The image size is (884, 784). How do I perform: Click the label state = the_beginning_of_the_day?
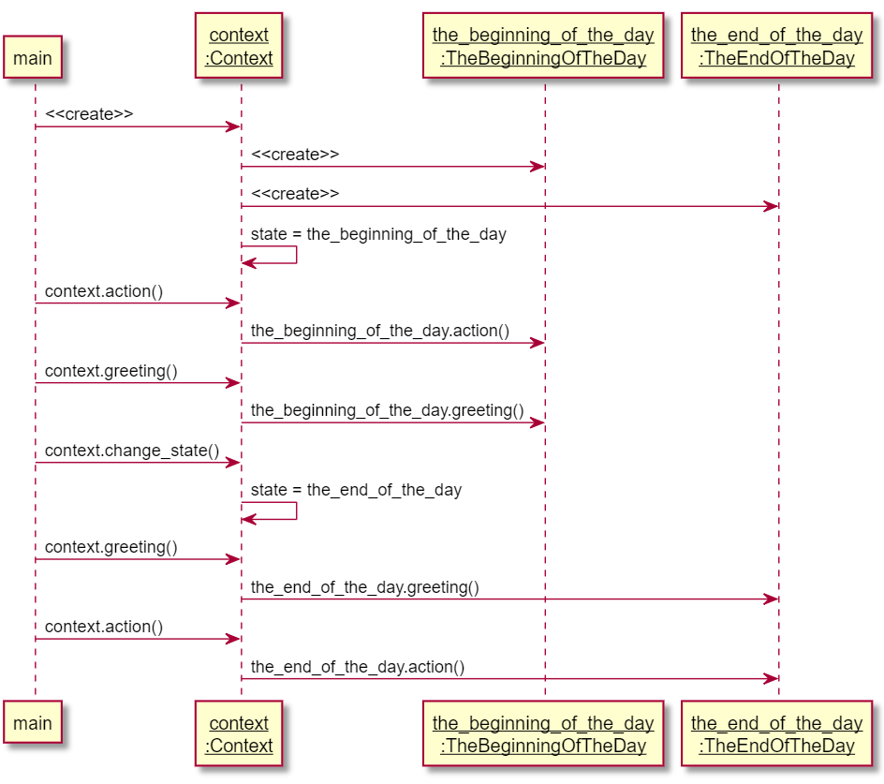point(378,234)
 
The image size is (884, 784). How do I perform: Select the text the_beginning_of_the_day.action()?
point(380,331)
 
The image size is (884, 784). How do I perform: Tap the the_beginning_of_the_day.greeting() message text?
point(388,410)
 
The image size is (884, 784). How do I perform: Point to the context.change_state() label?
point(132,451)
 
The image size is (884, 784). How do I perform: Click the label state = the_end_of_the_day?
point(356,490)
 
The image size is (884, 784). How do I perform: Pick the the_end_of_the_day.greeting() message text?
point(365,587)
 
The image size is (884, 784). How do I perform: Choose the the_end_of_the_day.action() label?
point(358,667)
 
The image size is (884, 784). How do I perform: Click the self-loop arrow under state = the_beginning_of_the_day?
point(297,255)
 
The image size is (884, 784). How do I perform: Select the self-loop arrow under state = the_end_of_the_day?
point(297,510)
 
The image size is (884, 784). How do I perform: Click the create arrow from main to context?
point(139,126)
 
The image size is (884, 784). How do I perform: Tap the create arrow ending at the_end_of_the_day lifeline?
point(509,206)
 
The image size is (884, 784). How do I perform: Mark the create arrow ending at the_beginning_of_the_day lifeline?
point(393,167)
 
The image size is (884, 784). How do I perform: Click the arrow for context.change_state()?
point(139,463)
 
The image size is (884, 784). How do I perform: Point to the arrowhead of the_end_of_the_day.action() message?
point(772,678)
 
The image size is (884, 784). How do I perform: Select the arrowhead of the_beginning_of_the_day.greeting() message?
point(538,422)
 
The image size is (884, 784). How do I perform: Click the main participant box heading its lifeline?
point(33,57)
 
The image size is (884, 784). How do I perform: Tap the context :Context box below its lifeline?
point(239,733)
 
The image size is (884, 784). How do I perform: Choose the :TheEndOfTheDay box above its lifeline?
point(777,46)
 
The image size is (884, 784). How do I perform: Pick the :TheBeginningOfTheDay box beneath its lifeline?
point(543,733)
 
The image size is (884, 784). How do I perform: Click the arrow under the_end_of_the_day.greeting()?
point(509,599)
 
